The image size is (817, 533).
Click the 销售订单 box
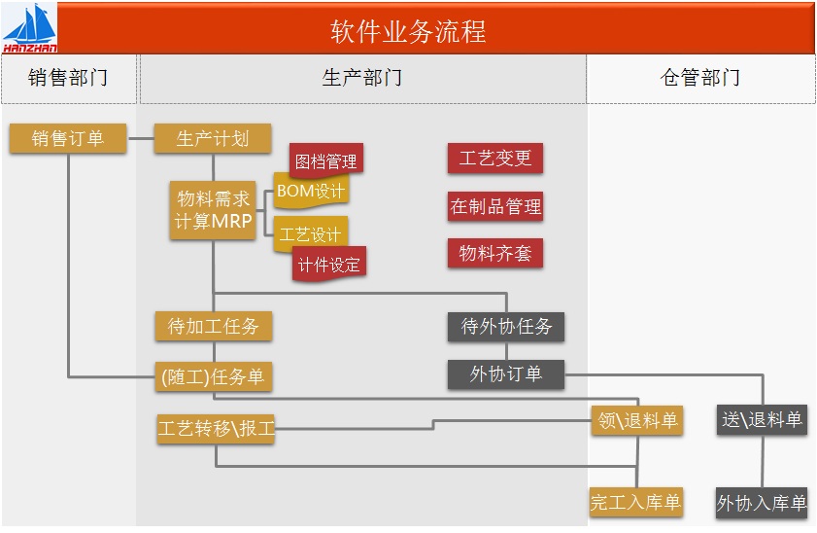coord(68,139)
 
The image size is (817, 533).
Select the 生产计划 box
coord(213,139)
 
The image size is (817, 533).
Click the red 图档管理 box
coord(326,160)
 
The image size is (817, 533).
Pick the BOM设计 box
coord(311,192)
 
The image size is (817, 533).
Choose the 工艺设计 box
coord(311,234)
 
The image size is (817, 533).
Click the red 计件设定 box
coord(329,264)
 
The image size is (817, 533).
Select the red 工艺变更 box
coord(495,159)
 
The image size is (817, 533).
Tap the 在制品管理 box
coord(495,206)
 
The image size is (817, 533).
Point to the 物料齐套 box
coord(495,254)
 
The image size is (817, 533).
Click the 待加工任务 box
coord(213,326)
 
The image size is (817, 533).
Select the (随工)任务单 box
coord(213,376)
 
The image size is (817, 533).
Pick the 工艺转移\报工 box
coord(216,428)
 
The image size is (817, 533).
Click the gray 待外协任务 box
coord(506,326)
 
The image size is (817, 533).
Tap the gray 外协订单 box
coord(506,373)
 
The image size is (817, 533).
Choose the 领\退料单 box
coord(637,420)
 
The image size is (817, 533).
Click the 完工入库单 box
coord(636,503)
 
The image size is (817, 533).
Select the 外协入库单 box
coord(762,503)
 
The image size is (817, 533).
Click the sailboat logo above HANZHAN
coord(29,22)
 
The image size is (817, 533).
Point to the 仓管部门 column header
coord(700,78)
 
